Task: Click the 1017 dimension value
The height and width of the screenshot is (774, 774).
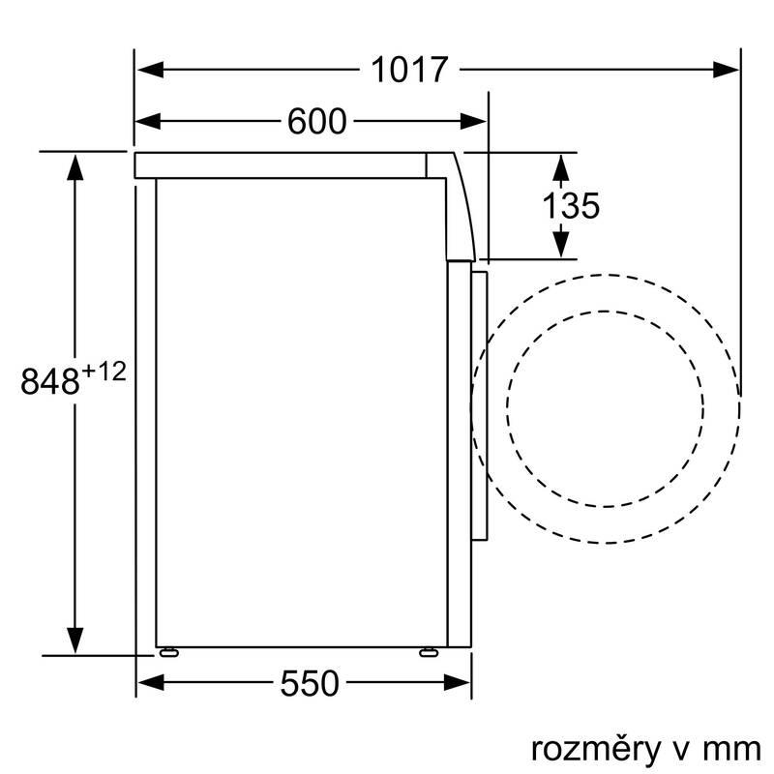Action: tap(410, 70)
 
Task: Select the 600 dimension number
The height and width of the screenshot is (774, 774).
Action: tap(316, 121)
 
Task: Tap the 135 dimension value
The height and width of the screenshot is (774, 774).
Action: tap(571, 205)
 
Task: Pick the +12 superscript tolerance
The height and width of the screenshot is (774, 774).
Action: tap(104, 371)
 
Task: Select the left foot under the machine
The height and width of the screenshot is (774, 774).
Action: tap(170, 651)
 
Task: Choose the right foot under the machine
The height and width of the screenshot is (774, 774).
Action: tap(427, 651)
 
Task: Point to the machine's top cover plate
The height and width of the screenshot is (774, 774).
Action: tap(281, 164)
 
